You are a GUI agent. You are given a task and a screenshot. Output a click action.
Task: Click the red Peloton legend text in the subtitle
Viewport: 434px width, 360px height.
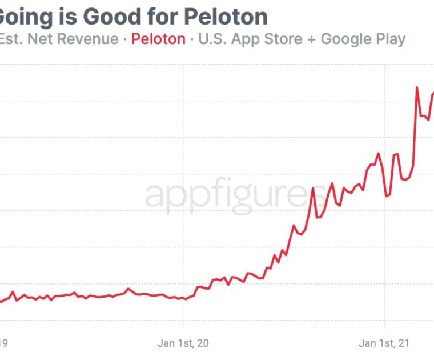tap(158, 39)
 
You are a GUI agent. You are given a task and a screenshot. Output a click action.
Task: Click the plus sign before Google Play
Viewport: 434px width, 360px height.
tap(312, 40)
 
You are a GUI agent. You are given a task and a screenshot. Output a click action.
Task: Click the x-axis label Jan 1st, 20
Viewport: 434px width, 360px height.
tap(183, 343)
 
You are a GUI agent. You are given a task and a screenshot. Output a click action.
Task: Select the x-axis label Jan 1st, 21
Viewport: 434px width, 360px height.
tap(384, 343)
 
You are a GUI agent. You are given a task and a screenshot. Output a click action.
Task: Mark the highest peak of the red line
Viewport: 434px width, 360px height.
tap(417, 87)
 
